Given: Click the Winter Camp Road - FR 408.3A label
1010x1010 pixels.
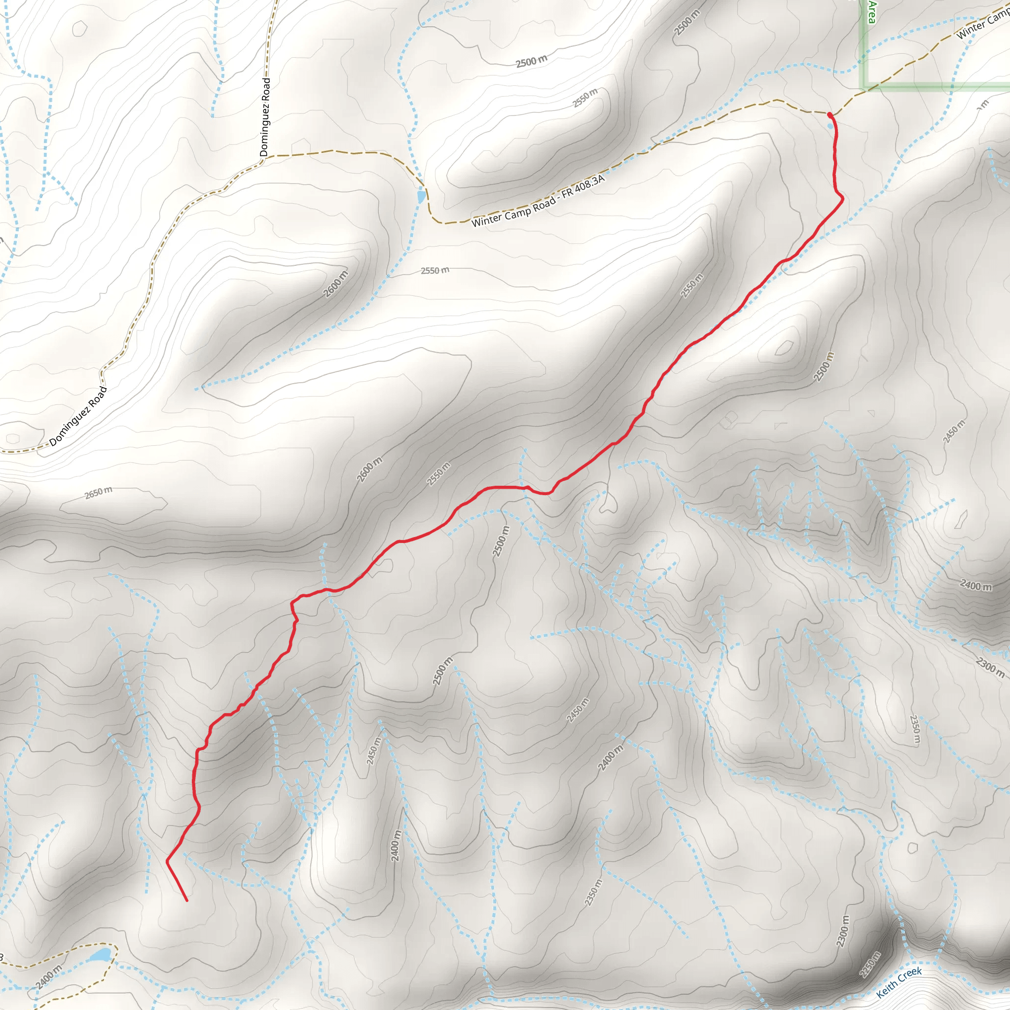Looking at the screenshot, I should pyautogui.click(x=538, y=201).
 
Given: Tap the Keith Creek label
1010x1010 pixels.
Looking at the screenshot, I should pyautogui.click(x=899, y=982).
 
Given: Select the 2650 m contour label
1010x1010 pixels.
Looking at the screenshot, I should pyautogui.click(x=98, y=493).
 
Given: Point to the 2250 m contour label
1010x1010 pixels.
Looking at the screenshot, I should pyautogui.click(x=870, y=964).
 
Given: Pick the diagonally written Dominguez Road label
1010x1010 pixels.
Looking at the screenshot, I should pyautogui.click(x=78, y=416).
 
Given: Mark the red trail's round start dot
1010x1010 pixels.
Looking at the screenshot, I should pyautogui.click(x=830, y=114).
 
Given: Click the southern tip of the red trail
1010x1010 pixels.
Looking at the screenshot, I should pyautogui.click(x=186, y=901).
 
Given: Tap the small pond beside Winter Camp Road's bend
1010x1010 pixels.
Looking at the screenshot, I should pyautogui.click(x=421, y=197).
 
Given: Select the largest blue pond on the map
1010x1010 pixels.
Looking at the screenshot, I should pyautogui.click(x=101, y=956).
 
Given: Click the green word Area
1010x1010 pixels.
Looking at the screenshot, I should pyautogui.click(x=871, y=11).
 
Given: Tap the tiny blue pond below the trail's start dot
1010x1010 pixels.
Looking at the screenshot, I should pyautogui.click(x=830, y=125).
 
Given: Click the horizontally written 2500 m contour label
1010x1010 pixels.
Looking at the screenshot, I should pyautogui.click(x=532, y=61).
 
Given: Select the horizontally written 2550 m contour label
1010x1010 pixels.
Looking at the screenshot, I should pyautogui.click(x=435, y=270).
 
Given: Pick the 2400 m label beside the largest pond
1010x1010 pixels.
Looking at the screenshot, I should pyautogui.click(x=49, y=976).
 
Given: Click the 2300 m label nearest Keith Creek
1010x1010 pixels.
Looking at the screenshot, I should pyautogui.click(x=843, y=931).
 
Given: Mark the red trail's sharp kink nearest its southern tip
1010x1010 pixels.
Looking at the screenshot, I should pyautogui.click(x=167, y=861).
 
